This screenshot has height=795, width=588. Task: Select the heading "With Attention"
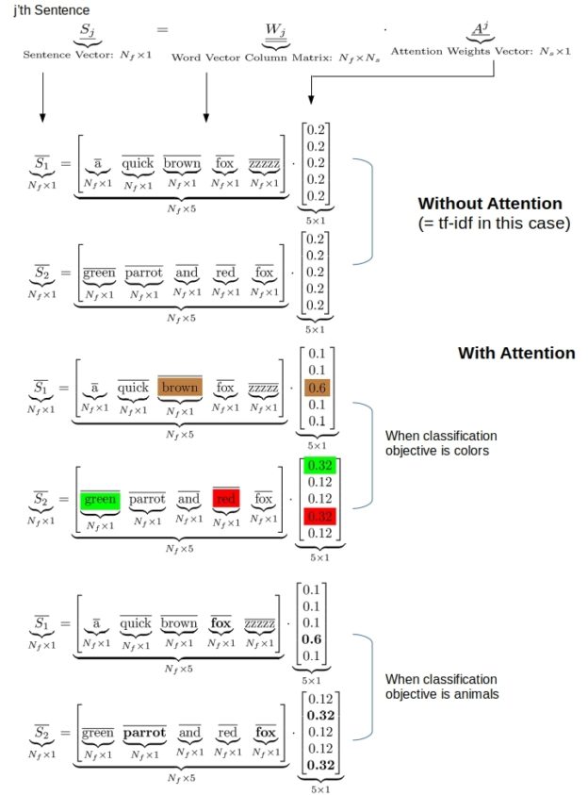tap(515, 353)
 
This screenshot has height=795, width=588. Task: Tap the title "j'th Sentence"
tap(45, 9)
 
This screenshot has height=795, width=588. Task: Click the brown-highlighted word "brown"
tap(180, 388)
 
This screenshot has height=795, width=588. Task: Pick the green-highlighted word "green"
tap(100, 499)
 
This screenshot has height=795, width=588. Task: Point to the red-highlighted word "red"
tap(227, 498)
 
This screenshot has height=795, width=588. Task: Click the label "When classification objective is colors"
tap(440, 444)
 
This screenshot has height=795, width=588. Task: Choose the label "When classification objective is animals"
tap(440, 687)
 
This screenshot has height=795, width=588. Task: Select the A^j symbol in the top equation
tap(481, 30)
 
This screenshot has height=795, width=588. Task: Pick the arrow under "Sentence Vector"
tap(41, 99)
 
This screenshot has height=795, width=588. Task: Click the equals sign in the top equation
tap(161, 32)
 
